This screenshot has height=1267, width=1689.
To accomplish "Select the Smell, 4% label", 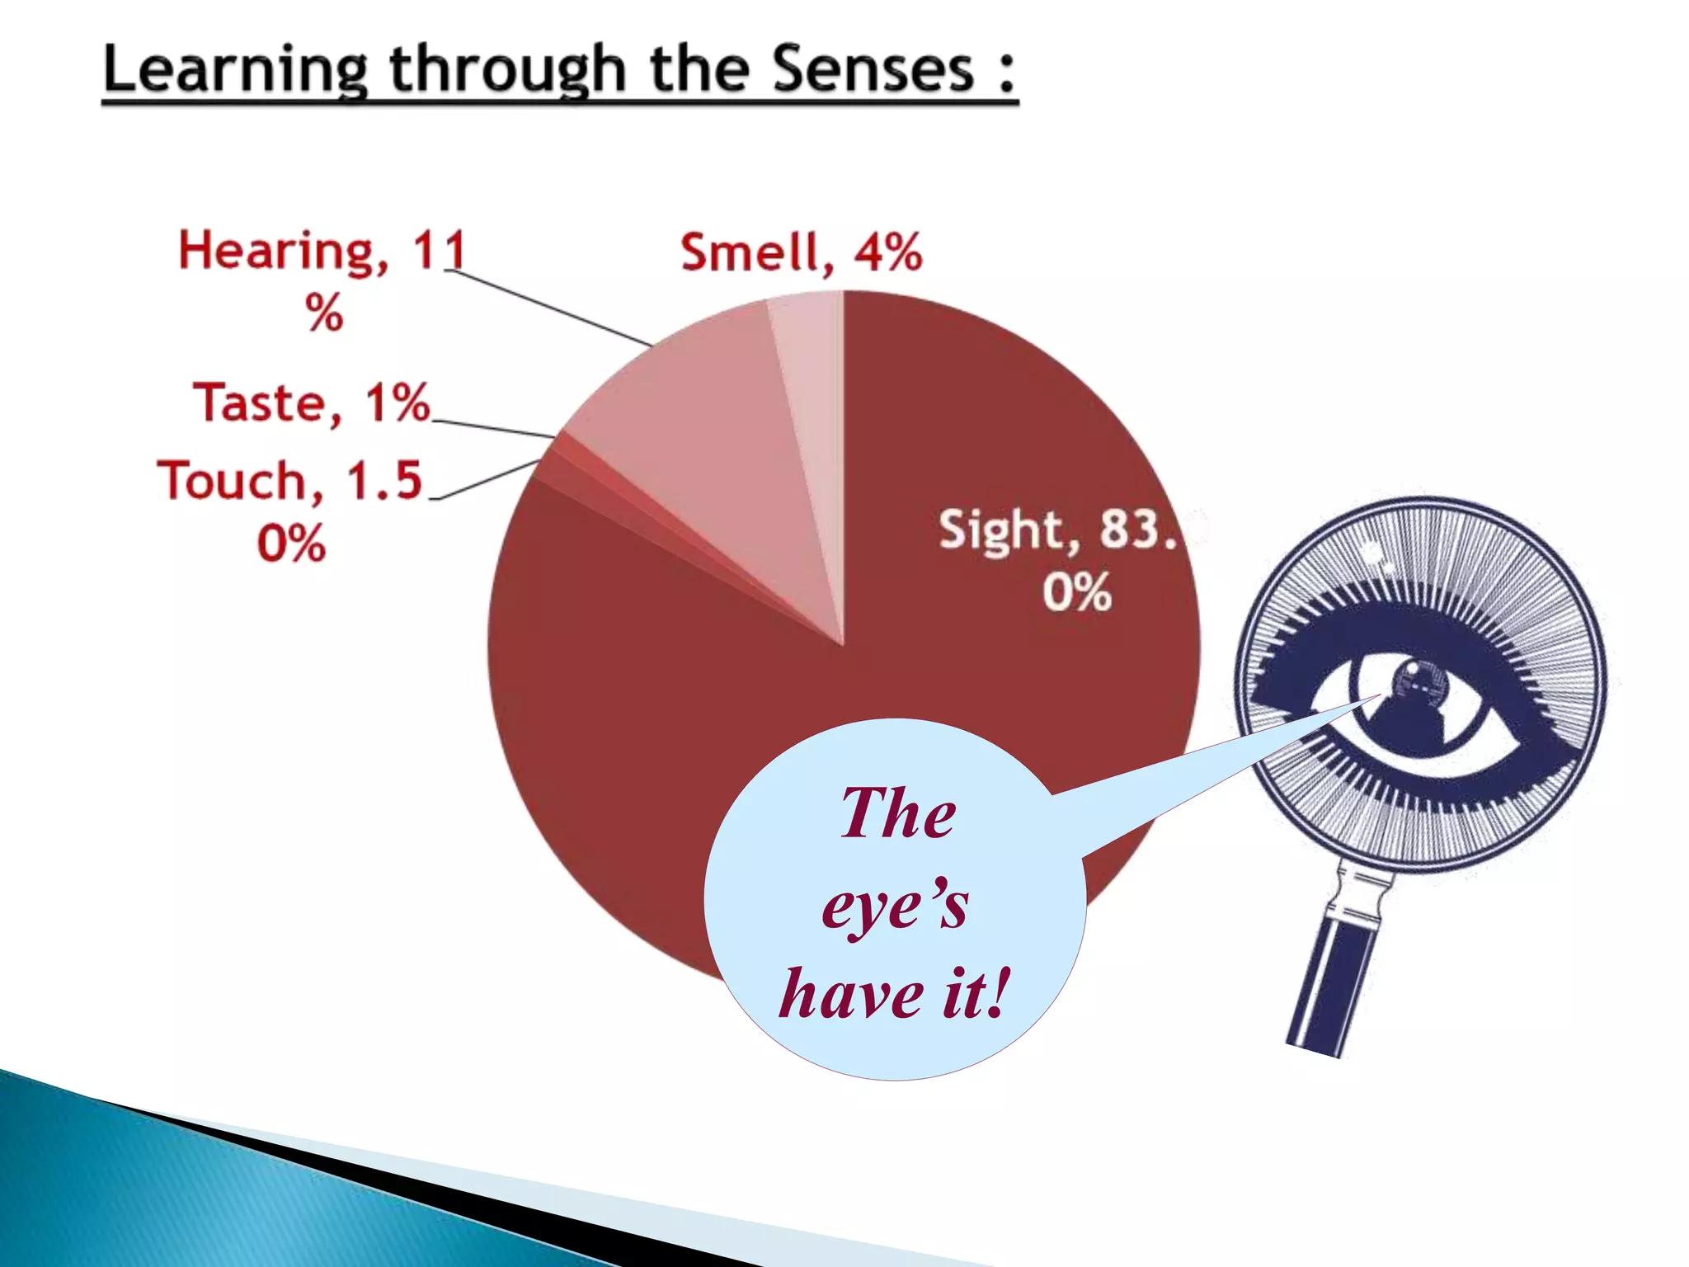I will point(800,252).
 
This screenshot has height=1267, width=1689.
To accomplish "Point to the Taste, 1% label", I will point(312,403).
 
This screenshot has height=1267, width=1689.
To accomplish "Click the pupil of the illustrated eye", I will point(1415,686).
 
